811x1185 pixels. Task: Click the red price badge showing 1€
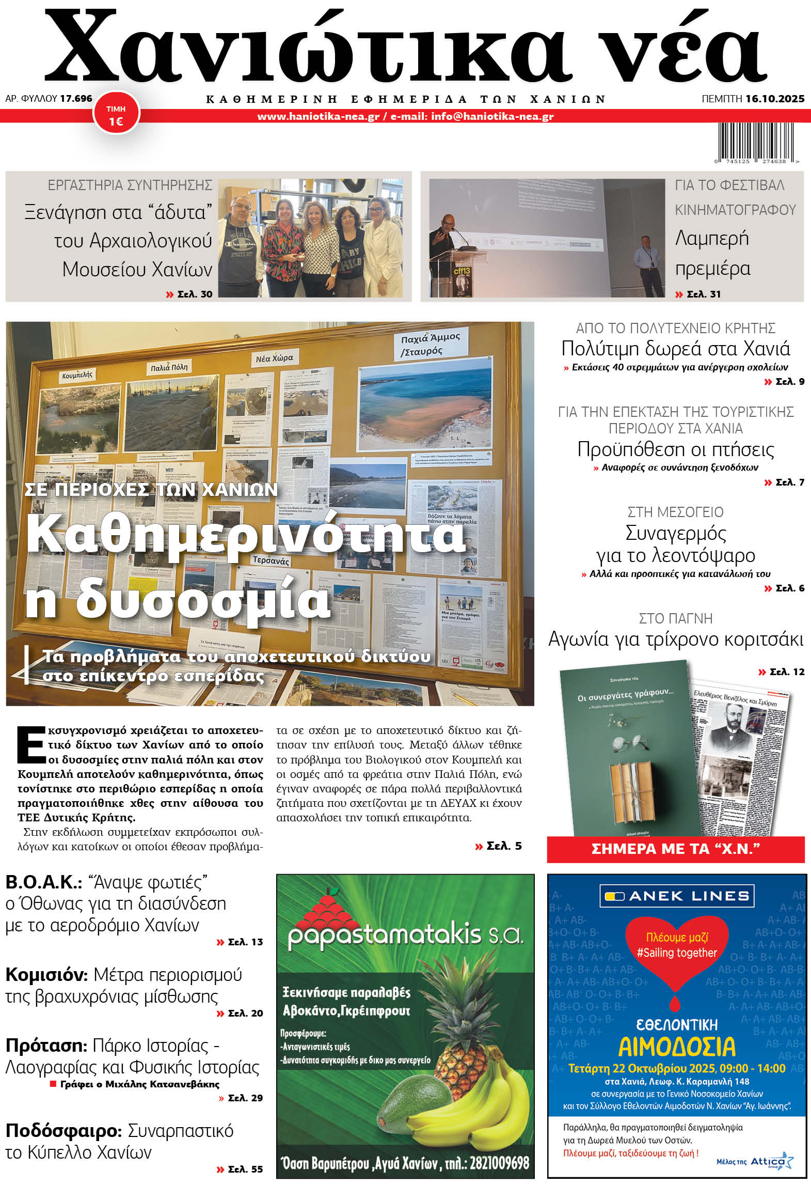(x=116, y=115)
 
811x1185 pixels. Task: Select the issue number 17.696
(x=76, y=98)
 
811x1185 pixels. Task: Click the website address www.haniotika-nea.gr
(x=318, y=117)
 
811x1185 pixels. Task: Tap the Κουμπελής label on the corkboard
(x=77, y=375)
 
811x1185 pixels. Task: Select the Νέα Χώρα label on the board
(x=274, y=358)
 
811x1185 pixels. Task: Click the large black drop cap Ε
(x=31, y=745)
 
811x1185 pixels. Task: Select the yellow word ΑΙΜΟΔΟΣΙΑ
(x=676, y=1047)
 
